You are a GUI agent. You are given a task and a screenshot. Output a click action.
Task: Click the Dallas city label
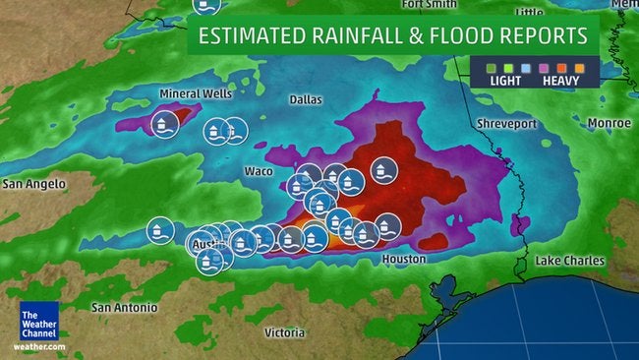(306, 99)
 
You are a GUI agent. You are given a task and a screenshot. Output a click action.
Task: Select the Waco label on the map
(258, 171)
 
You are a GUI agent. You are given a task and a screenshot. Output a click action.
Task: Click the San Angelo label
(33, 184)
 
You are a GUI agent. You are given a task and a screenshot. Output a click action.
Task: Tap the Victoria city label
(284, 332)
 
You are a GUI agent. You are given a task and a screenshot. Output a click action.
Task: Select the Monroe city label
(610, 123)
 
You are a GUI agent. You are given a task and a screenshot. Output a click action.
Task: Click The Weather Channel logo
(39, 325)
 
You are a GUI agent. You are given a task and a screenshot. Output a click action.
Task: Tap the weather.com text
(39, 347)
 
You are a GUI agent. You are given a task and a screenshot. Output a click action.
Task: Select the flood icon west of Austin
(157, 230)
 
